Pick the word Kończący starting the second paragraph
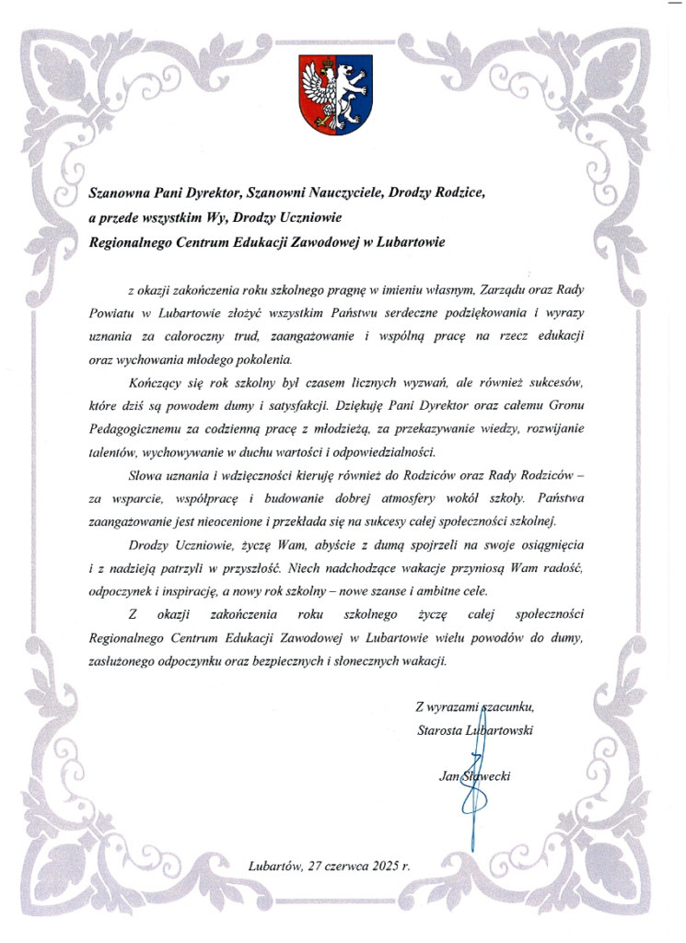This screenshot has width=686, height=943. (x=155, y=381)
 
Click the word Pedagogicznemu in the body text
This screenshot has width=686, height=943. (x=134, y=429)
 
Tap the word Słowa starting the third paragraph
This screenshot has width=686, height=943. (x=145, y=475)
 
